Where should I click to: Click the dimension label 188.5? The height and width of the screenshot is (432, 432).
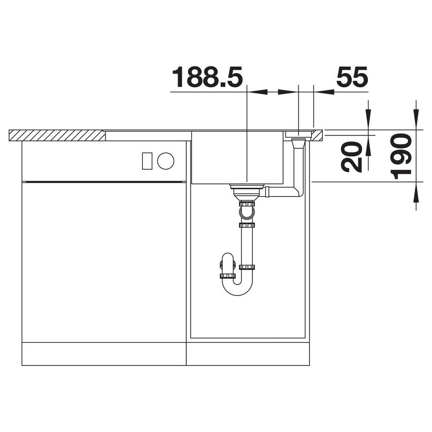coord(207,77)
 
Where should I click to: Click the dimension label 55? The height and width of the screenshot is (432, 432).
coord(352,76)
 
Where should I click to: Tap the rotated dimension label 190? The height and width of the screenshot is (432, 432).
coord(401,156)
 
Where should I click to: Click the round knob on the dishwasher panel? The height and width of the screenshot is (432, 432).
coord(166,161)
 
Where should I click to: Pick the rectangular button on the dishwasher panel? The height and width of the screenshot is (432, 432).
coord(147,161)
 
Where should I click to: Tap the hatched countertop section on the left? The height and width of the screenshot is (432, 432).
coord(57,136)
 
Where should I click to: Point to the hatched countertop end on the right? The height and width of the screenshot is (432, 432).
coord(317,136)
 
